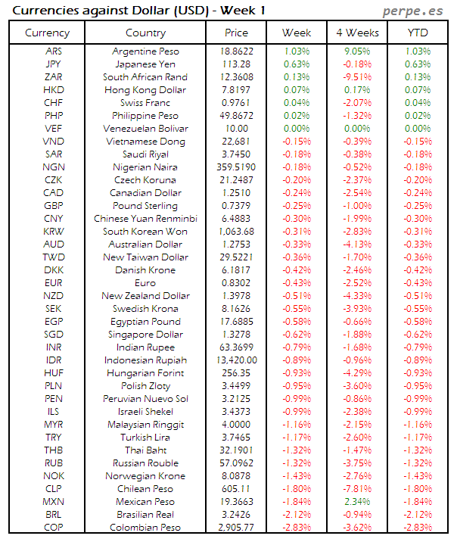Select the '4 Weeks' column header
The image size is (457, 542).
pyautogui.click(x=356, y=33)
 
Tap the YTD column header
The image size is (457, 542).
pyautogui.click(x=417, y=33)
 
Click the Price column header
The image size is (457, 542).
pyautogui.click(x=236, y=33)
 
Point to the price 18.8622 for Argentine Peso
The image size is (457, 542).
pyautogui.click(x=236, y=51)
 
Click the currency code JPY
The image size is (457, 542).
pyautogui.click(x=54, y=64)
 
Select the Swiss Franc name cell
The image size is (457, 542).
pyautogui.click(x=145, y=102)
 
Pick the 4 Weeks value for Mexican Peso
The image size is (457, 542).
pyautogui.click(x=356, y=501)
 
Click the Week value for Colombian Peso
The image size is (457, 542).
pyautogui.click(x=296, y=527)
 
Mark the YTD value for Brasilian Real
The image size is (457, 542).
pyautogui.click(x=417, y=514)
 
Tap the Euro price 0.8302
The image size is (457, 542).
pyautogui.click(x=236, y=282)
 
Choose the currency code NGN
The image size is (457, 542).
pyautogui.click(x=54, y=167)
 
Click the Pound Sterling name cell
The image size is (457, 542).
pyautogui.click(x=145, y=205)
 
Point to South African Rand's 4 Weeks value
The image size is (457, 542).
pyautogui.click(x=356, y=76)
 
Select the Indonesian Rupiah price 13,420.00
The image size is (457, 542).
pyautogui.click(x=236, y=360)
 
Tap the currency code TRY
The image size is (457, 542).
pyautogui.click(x=54, y=437)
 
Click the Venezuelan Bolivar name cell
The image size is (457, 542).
pyautogui.click(x=145, y=128)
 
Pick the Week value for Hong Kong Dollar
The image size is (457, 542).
pyautogui.click(x=296, y=89)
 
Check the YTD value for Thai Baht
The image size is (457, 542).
pyautogui.click(x=417, y=450)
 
